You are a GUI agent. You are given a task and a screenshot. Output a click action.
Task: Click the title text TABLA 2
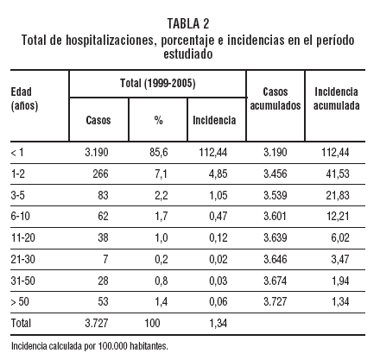pos(190,23)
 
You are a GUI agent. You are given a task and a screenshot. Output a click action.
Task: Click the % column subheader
pos(158,120)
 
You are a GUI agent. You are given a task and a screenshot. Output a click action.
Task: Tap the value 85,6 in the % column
pos(158,152)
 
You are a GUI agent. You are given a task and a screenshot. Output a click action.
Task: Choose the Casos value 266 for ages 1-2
pos(98,174)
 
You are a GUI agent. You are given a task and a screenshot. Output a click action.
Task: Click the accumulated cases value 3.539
pos(275,194)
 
